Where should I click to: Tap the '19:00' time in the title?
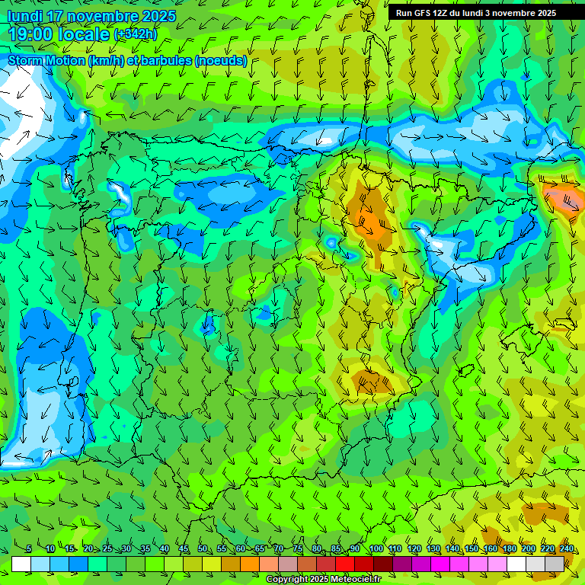pyautogui.click(x=29, y=34)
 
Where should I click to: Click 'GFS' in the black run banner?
pyautogui.click(x=423, y=13)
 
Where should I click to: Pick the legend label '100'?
pyautogui.click(x=376, y=549)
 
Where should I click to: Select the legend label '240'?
pyautogui.click(x=566, y=549)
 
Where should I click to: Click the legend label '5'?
pyautogui.click(x=29, y=549)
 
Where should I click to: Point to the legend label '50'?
pyautogui.click(x=203, y=549)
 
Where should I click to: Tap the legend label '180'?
pyautogui.click(x=509, y=549)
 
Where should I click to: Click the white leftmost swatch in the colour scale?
pyautogui.click(x=21, y=564)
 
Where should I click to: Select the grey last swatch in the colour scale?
pyautogui.click(x=555, y=564)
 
